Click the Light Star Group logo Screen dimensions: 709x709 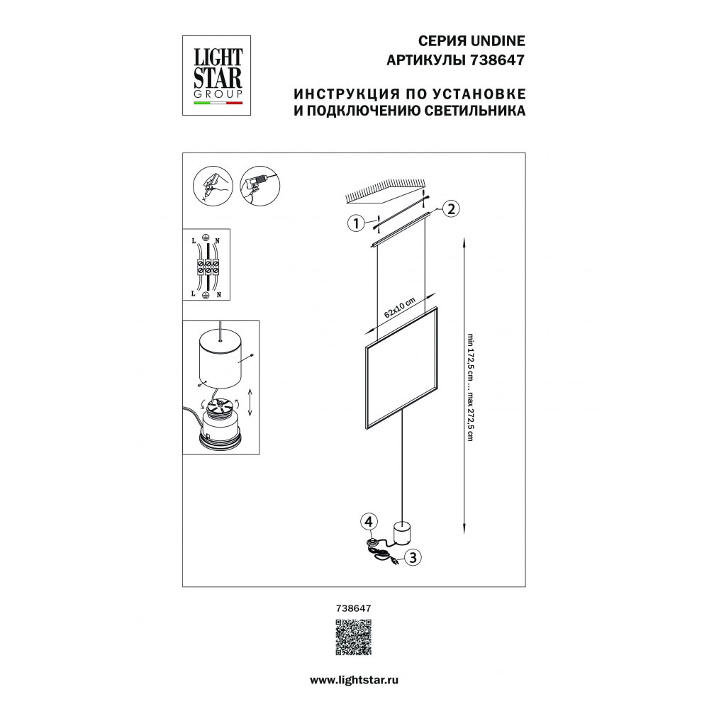point(216,76)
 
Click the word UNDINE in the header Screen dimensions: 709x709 point(498,40)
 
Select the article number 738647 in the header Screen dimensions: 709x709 point(498,60)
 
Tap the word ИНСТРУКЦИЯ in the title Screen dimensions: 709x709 point(347,94)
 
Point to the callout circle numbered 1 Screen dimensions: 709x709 point(357,223)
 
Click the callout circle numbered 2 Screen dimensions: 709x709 point(451,209)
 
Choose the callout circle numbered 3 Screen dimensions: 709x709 point(413,557)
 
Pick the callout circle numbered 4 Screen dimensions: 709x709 point(369,522)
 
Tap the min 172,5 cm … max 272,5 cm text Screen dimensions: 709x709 point(471,387)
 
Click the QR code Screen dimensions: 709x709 point(354,637)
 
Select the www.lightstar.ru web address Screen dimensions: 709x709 point(354,680)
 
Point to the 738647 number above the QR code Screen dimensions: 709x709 point(354,608)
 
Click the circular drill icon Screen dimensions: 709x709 point(260,186)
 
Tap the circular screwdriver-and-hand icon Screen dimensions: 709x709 point(213,186)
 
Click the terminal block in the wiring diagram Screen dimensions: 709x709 point(208,267)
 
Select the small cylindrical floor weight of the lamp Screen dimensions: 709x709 point(401,532)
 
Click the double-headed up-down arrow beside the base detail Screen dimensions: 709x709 point(250,402)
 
